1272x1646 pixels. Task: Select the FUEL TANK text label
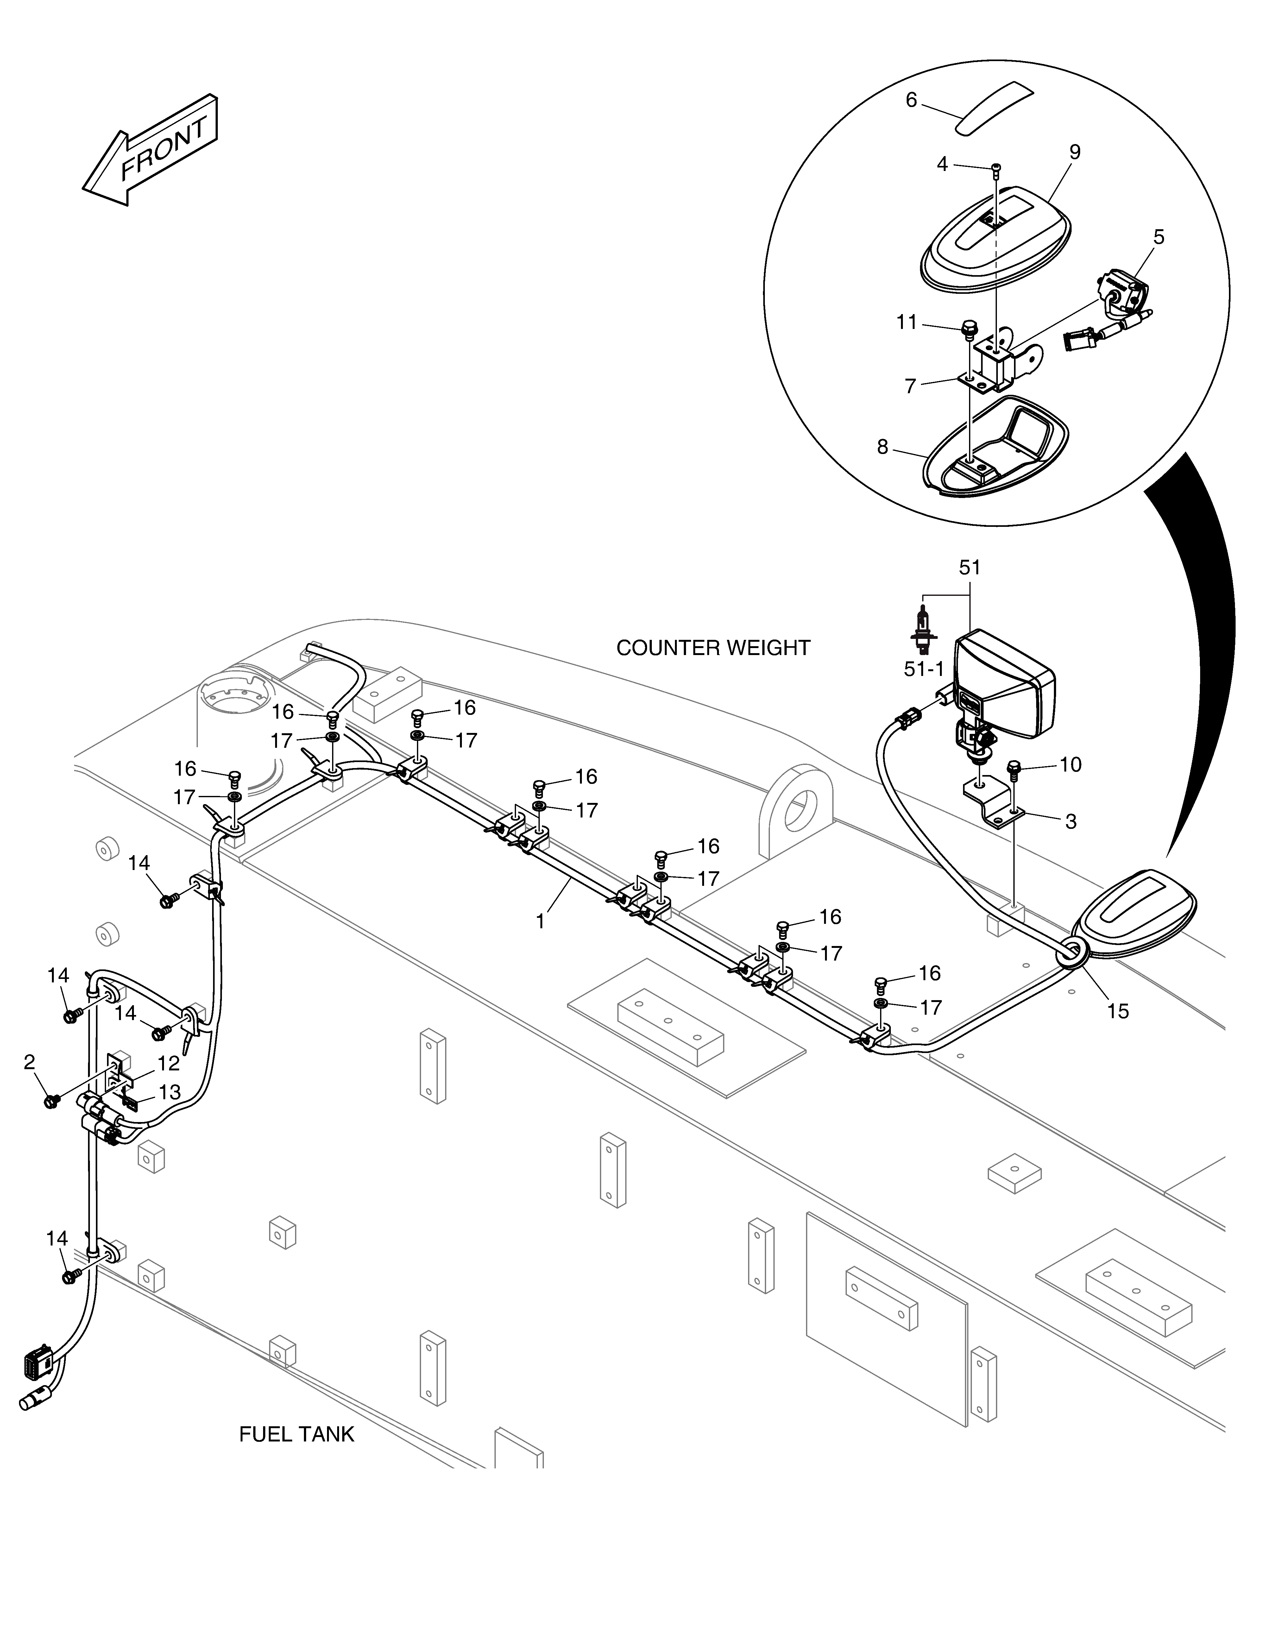click(296, 1434)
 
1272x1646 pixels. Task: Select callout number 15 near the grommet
click(1118, 1011)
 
